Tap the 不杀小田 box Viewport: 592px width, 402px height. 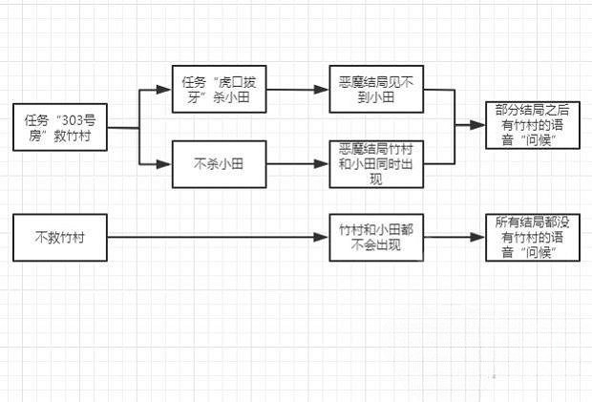click(x=220, y=164)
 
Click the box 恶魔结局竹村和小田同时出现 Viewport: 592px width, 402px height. click(x=375, y=163)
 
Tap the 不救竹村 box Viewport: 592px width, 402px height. click(x=59, y=238)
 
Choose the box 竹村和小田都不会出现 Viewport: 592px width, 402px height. click(x=375, y=238)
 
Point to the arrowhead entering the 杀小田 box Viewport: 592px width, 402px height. click(x=164, y=91)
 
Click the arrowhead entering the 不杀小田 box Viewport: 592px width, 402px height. click(x=164, y=164)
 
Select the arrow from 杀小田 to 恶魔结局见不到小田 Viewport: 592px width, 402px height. click(x=297, y=91)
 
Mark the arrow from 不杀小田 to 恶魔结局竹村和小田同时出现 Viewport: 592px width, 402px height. click(x=297, y=164)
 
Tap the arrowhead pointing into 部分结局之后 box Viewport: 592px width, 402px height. click(x=478, y=125)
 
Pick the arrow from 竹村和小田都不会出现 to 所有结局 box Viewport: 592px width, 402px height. click(x=454, y=238)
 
